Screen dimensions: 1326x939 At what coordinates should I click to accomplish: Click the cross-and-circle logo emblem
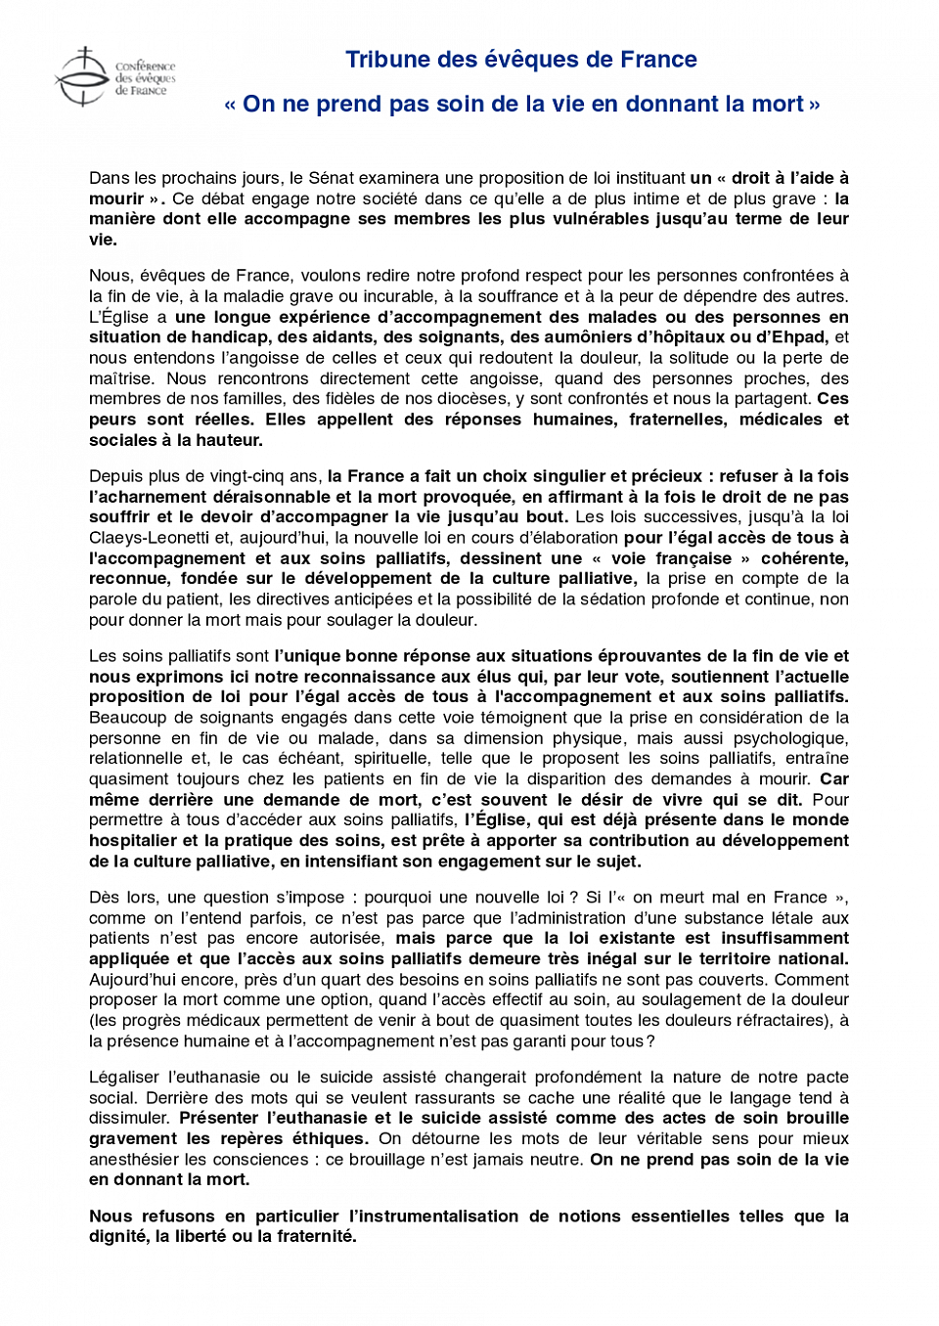pyautogui.click(x=82, y=76)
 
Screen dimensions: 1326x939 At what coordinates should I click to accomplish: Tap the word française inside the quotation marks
pyautogui.click(x=693, y=558)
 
